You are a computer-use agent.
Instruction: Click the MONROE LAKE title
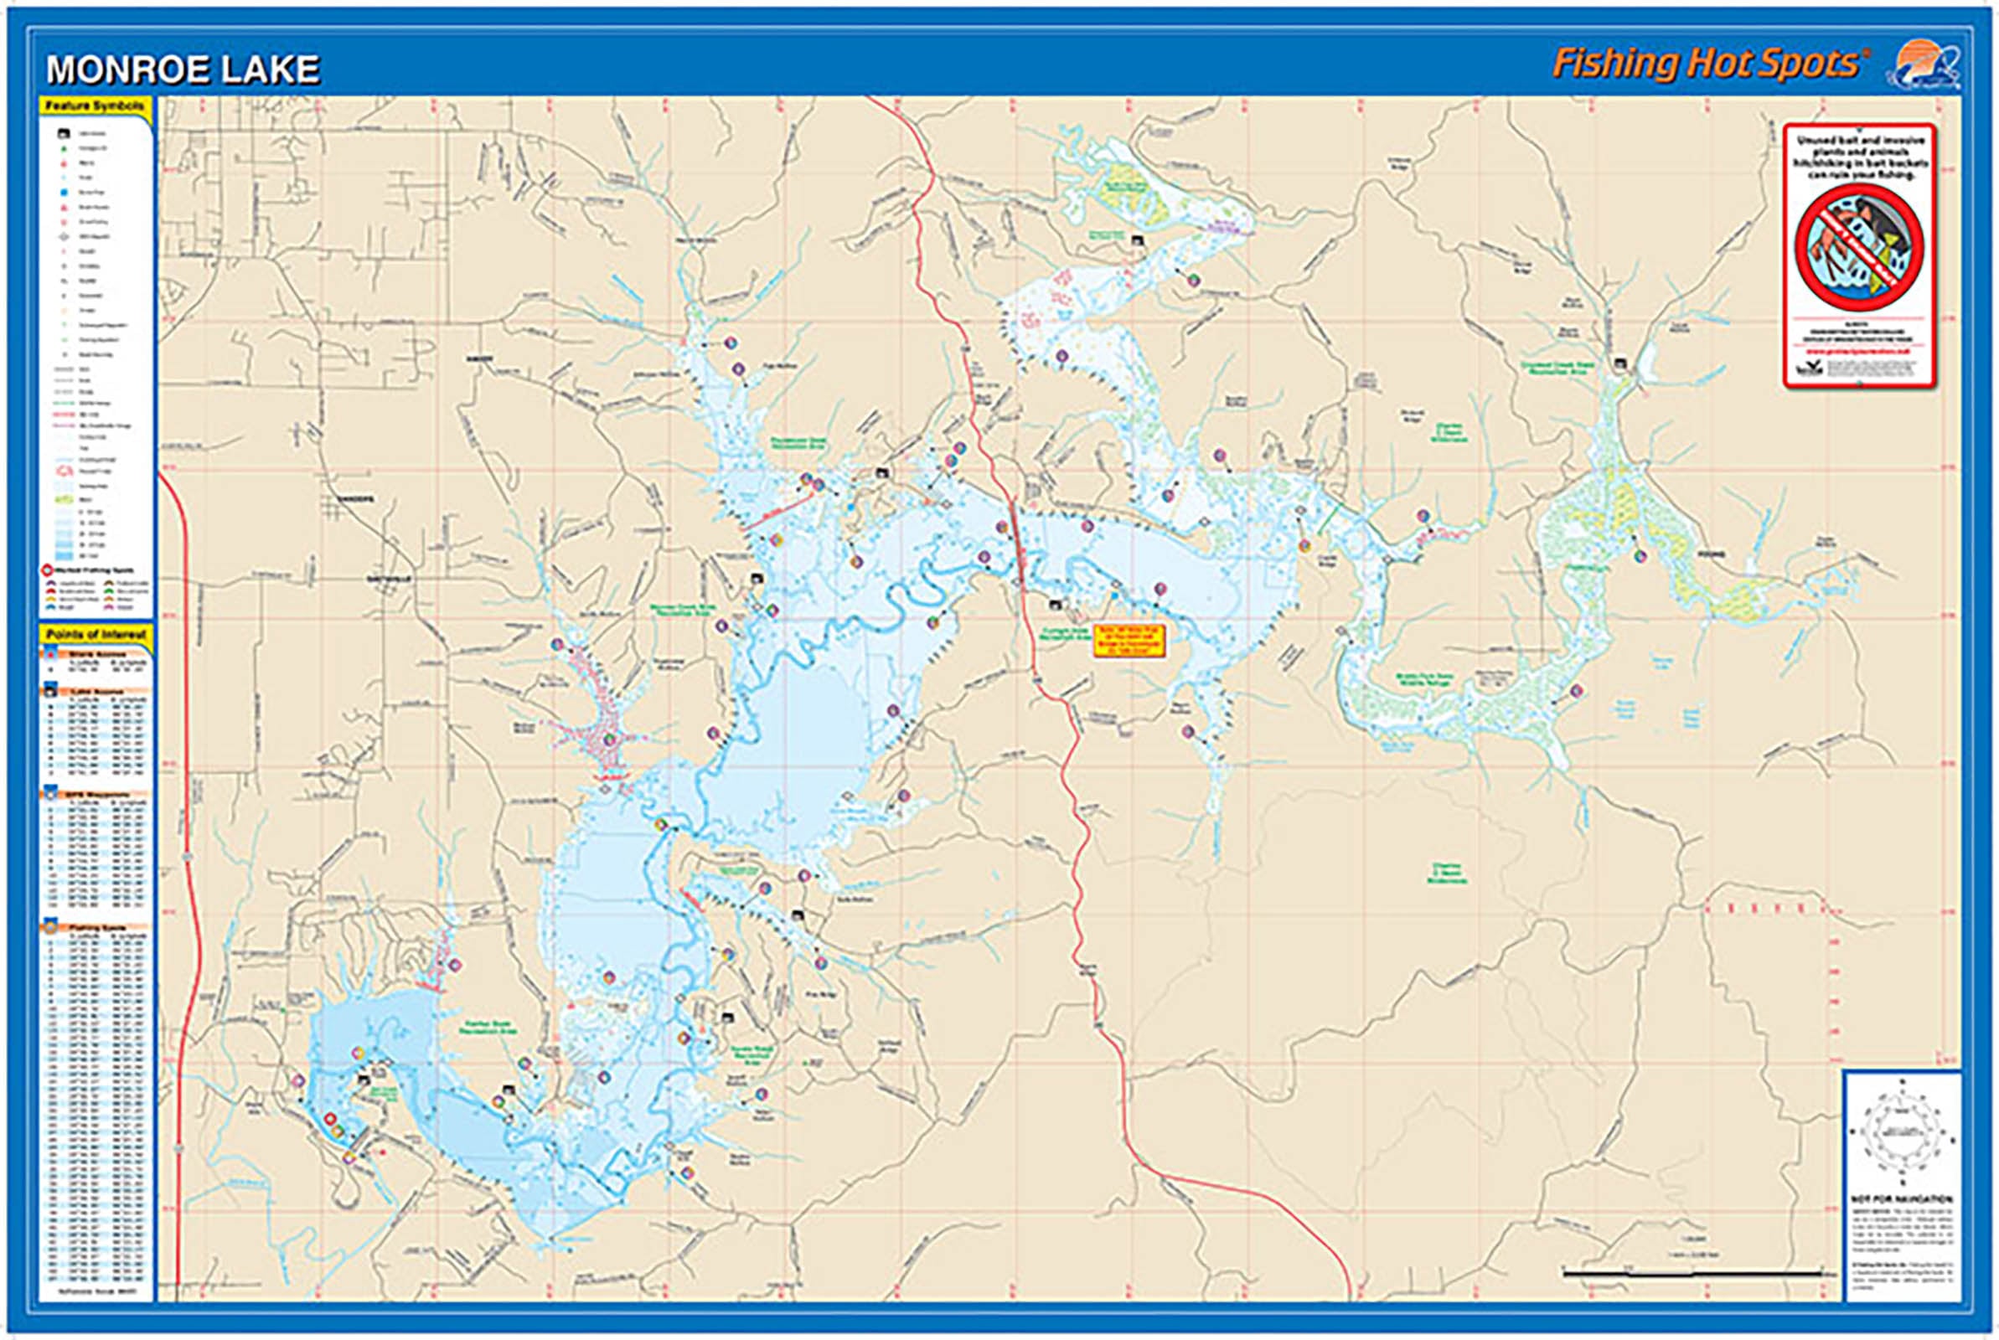(x=183, y=70)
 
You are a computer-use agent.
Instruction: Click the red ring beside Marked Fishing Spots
(x=46, y=570)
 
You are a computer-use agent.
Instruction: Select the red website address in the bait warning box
(x=1859, y=348)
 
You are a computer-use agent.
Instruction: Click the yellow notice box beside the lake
(x=1130, y=640)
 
